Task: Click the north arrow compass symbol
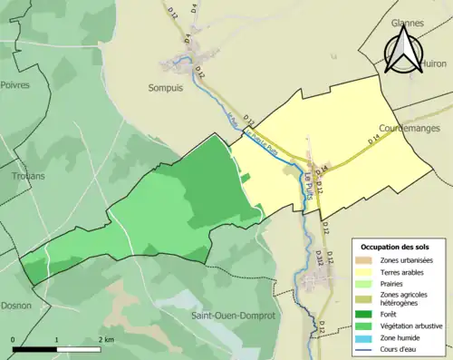404,47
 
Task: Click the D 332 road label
319,259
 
